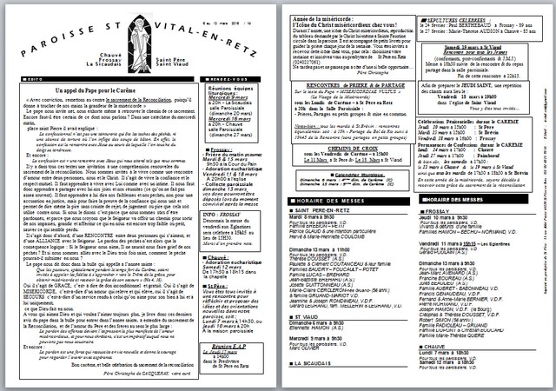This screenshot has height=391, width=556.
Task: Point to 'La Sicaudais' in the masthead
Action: [103, 64]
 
